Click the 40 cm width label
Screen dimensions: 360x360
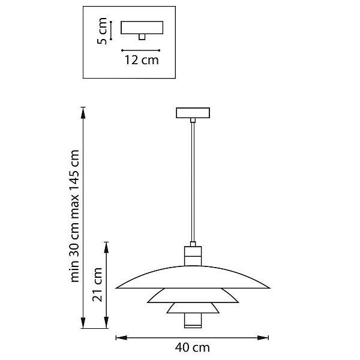coord(193,347)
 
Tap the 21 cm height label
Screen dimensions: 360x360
coord(97,284)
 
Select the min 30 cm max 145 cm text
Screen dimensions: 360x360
coord(74,216)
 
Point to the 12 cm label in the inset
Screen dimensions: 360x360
coord(142,60)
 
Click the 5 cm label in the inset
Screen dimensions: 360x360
coord(102,31)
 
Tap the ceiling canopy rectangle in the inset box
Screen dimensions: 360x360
coord(142,28)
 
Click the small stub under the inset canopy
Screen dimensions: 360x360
coord(142,37)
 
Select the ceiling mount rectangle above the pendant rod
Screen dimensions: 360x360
coord(193,113)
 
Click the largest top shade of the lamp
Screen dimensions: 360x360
coord(193,277)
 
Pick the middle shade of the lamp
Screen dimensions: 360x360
coord(193,295)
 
